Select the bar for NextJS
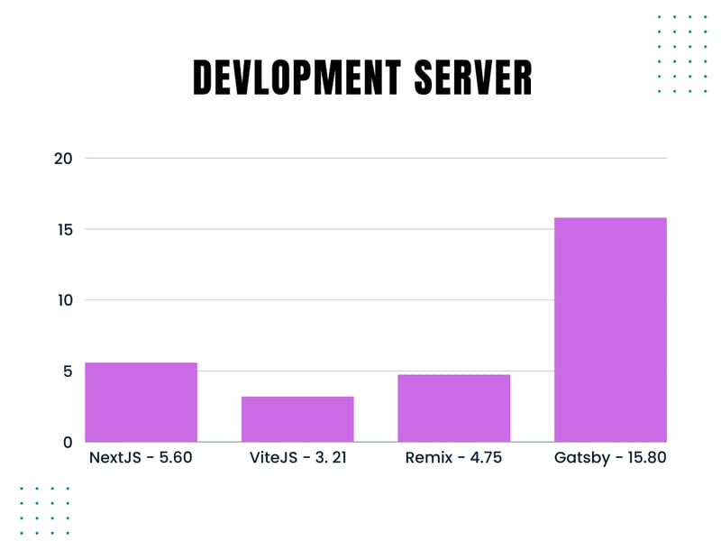tap(141, 402)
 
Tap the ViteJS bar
tap(297, 419)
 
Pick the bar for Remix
tap(454, 408)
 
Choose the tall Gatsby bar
tap(610, 329)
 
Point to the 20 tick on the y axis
tap(62, 159)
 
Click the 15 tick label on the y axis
tap(62, 230)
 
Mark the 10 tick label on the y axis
tap(62, 300)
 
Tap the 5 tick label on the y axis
tap(67, 371)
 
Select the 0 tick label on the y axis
tap(67, 442)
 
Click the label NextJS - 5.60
tap(141, 458)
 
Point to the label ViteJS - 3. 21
tap(298, 458)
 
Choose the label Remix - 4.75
tap(454, 458)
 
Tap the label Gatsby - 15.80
tap(610, 458)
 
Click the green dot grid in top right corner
tap(682, 53)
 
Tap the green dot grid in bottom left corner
tap(44, 510)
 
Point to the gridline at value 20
tap(379, 159)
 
